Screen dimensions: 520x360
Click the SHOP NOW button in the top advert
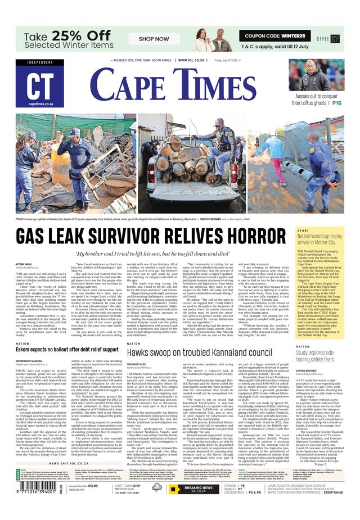coord(154,39)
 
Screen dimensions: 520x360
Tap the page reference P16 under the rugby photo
coord(337,103)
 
